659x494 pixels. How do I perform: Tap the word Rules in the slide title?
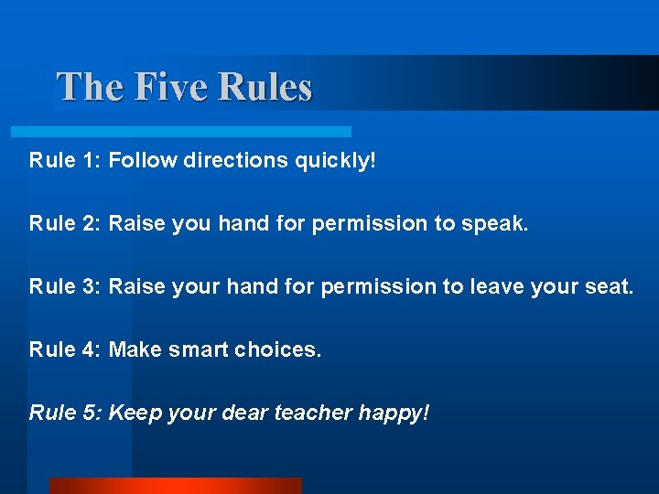tap(265, 88)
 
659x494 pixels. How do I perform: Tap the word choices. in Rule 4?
tap(278, 349)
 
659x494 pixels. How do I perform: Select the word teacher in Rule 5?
tap(308, 413)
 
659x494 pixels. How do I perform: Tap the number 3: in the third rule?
tap(91, 286)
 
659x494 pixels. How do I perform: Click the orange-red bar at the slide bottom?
tap(175, 485)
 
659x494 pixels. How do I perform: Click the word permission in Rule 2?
tap(370, 224)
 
